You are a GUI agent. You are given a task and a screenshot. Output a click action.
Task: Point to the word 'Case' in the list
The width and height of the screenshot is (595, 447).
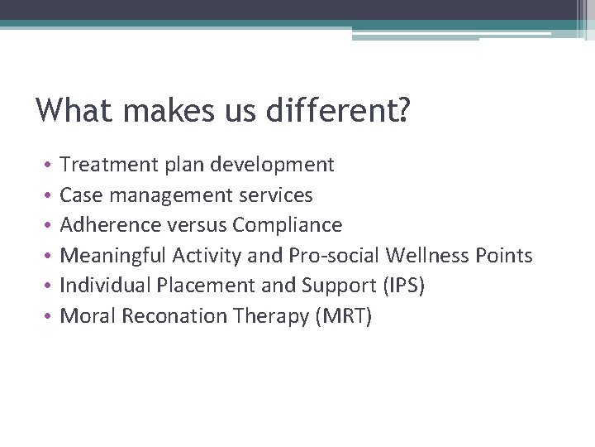pos(79,195)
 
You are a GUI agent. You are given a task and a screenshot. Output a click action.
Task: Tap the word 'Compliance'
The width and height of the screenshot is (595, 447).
pos(288,225)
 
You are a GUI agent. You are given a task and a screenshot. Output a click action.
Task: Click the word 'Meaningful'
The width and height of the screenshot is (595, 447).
pos(113,256)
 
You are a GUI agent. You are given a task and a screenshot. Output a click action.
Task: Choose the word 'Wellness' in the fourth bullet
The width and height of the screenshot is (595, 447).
pos(427,256)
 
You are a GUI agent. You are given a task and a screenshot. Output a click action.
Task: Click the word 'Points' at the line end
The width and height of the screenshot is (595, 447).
pos(504,256)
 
